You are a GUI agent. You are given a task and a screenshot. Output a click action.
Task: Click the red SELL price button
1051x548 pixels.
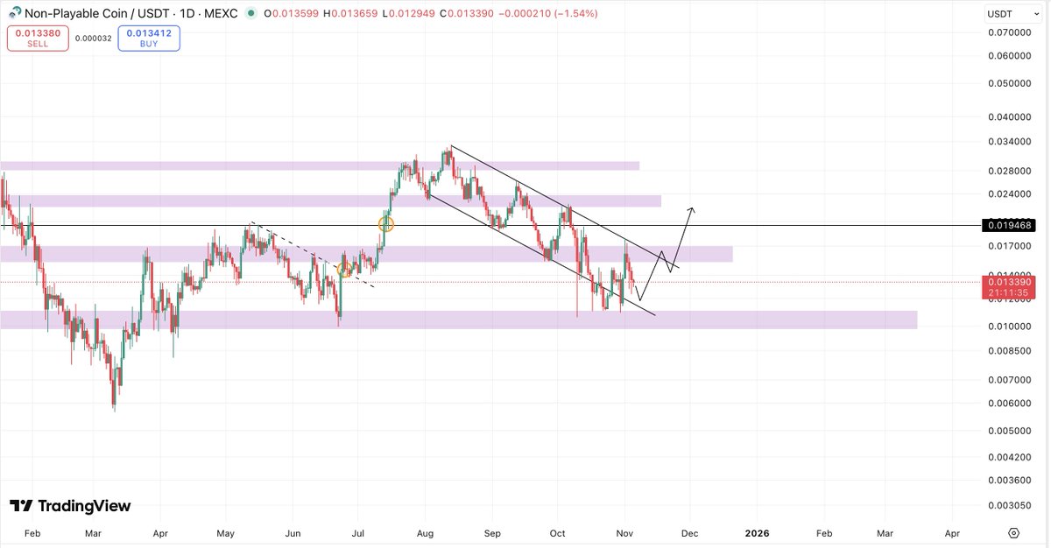[x=38, y=38]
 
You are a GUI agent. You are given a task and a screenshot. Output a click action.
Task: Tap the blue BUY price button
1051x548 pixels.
[x=149, y=38]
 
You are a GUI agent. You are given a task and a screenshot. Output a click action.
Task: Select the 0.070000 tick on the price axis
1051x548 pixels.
[x=1009, y=32]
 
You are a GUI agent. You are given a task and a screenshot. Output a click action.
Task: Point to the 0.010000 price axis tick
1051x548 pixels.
[x=1009, y=327]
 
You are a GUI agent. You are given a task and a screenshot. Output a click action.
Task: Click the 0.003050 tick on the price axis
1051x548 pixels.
[x=1009, y=507]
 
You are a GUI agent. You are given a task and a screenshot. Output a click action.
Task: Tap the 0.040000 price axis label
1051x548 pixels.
[x=1009, y=116]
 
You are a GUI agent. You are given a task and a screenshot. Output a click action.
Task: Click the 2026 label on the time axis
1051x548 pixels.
[x=757, y=532]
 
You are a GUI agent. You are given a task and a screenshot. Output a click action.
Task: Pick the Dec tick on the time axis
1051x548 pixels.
[x=690, y=532]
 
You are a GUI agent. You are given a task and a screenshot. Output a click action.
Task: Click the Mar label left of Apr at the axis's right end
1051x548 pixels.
[x=885, y=532]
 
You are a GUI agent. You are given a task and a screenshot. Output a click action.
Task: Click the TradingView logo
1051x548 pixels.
[x=70, y=506]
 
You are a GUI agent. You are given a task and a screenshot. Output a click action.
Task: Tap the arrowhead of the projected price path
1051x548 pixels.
[x=692, y=208]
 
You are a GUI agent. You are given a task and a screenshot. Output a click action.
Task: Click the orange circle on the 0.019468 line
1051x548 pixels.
[x=385, y=224]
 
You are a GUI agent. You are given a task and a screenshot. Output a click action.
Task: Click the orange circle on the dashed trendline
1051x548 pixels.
[x=345, y=270]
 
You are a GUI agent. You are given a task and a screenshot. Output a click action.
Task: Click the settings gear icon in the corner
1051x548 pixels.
[x=1013, y=532]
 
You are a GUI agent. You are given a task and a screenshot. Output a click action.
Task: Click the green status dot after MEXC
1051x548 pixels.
[x=252, y=14]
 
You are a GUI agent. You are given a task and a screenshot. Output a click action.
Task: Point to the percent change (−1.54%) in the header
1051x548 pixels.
[x=575, y=14]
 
